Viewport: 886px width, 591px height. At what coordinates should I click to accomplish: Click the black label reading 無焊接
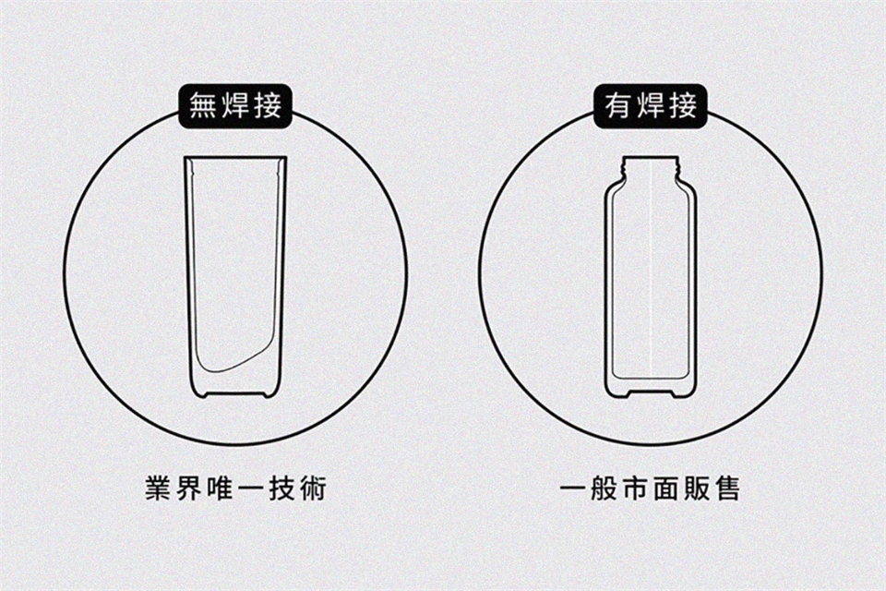click(235, 106)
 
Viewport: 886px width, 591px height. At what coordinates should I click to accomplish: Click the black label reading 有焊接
click(651, 106)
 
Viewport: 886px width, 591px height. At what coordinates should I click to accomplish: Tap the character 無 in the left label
click(203, 106)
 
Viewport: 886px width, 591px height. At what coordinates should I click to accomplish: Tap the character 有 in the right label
click(618, 106)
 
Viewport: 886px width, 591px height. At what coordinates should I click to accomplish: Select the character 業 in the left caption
click(159, 488)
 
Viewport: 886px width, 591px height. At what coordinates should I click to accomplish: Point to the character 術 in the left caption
click(313, 488)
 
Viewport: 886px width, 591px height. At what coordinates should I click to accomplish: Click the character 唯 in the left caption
click(221, 488)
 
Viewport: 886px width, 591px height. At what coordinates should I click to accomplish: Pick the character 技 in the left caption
click(282, 488)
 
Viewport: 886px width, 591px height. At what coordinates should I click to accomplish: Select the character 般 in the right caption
click(604, 488)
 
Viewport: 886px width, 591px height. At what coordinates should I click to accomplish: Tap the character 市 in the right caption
click(635, 488)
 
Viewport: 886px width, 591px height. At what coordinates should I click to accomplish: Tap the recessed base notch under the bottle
click(651, 393)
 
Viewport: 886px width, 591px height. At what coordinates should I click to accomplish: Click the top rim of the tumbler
click(235, 157)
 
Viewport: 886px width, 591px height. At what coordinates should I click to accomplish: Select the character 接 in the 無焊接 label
click(268, 106)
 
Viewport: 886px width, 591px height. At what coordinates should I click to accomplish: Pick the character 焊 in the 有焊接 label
click(651, 106)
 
